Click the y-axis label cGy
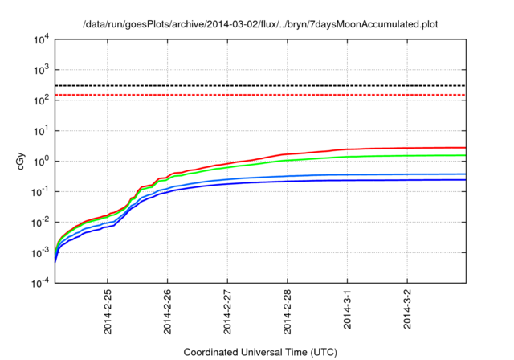click(22, 161)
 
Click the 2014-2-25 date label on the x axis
click(108, 311)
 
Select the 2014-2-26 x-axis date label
click(168, 311)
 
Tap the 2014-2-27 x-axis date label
click(227, 311)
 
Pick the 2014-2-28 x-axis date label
click(288, 311)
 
